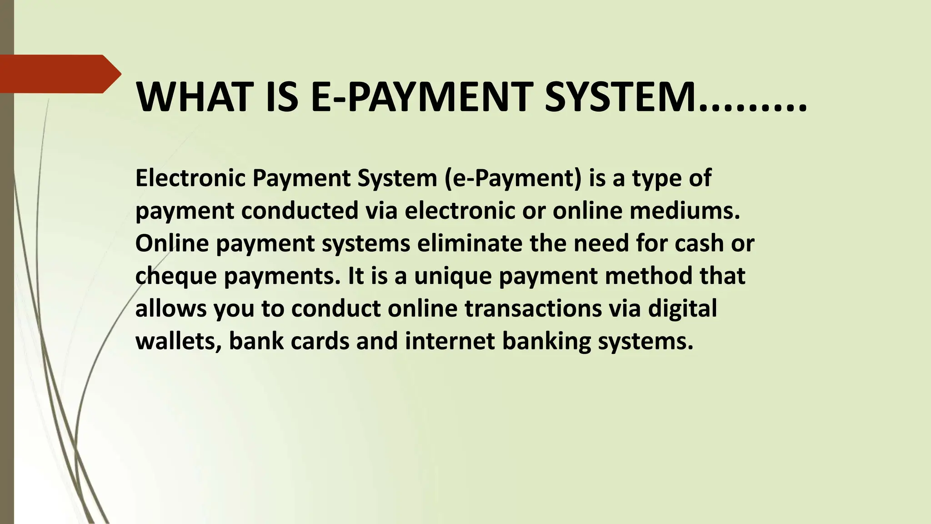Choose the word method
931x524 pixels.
tap(648, 276)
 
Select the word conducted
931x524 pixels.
tap(300, 211)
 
